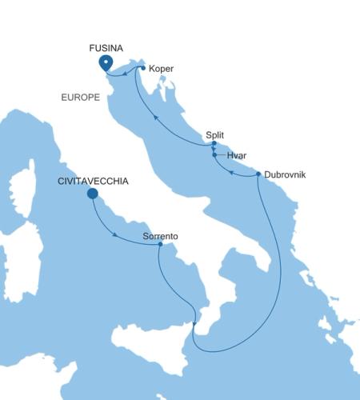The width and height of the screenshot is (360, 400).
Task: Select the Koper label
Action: pyautogui.click(x=161, y=69)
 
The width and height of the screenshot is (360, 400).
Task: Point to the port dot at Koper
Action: pyautogui.click(x=142, y=69)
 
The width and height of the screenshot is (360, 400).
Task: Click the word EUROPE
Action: pyautogui.click(x=80, y=97)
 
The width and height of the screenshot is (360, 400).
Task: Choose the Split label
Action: pyautogui.click(x=215, y=135)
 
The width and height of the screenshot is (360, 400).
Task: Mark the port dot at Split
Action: pyautogui.click(x=214, y=144)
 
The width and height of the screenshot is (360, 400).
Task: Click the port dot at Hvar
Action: pyautogui.click(x=214, y=154)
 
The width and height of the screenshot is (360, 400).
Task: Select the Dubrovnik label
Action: pyautogui.click(x=285, y=173)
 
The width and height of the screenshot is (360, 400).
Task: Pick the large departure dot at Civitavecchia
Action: pyautogui.click(x=92, y=193)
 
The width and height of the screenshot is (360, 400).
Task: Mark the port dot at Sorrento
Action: pyautogui.click(x=161, y=245)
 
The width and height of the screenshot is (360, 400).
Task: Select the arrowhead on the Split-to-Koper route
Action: pyautogui.click(x=155, y=119)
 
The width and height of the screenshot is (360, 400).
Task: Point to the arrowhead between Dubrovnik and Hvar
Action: pyautogui.click(x=231, y=171)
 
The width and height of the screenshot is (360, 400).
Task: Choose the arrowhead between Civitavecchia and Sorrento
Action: pyautogui.click(x=117, y=235)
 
